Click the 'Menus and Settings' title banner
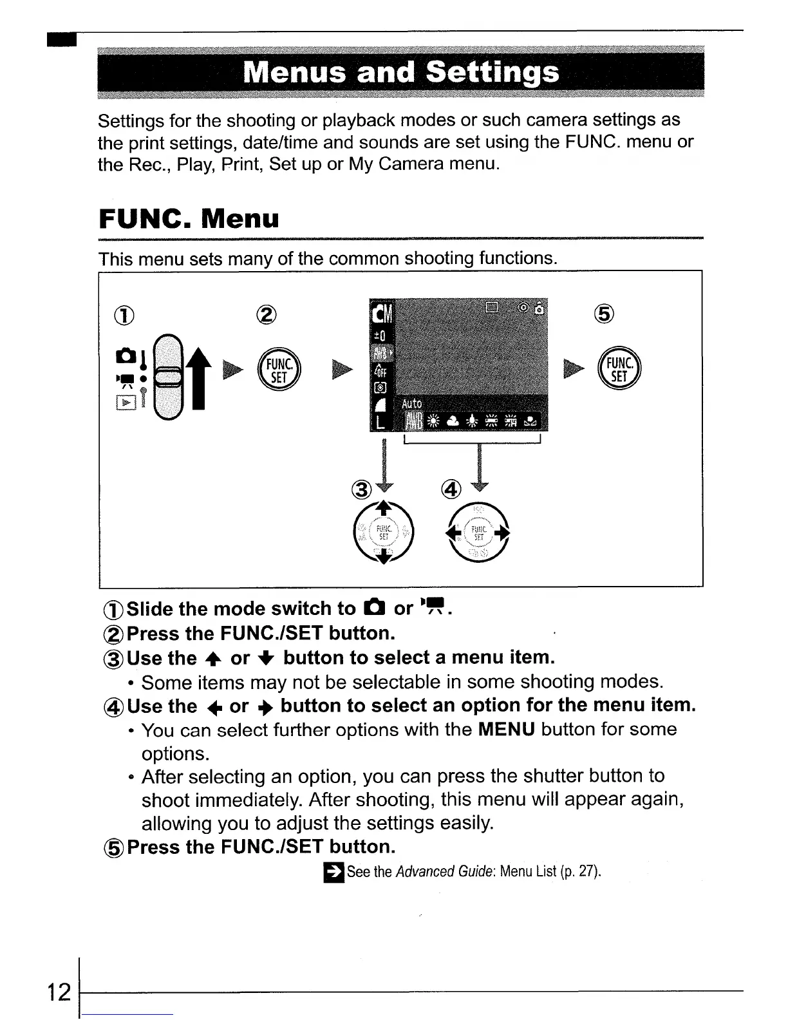point(400,73)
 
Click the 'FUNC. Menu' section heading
point(189,218)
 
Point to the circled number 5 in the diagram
point(605,314)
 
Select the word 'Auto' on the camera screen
point(411,403)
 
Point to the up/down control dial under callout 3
point(384,531)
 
